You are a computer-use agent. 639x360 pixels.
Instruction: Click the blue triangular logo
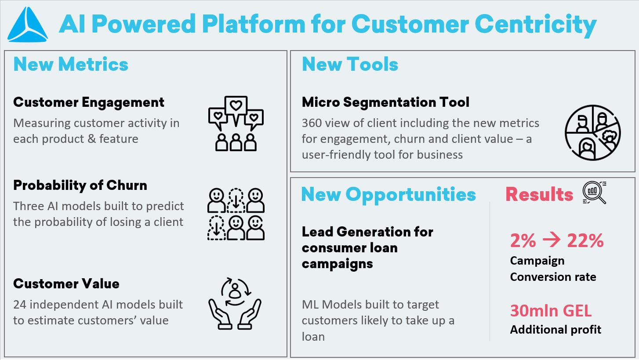[28, 25]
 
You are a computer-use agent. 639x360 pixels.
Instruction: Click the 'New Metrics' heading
[71, 65]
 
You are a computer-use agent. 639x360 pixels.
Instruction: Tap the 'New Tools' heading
[350, 65]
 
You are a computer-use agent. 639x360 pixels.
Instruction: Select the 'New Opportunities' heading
[388, 194]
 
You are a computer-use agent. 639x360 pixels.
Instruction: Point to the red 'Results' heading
[539, 194]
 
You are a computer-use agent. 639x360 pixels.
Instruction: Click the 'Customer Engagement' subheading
[89, 102]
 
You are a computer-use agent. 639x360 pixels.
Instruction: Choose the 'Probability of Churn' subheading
[80, 185]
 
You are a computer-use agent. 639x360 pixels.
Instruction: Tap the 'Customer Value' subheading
[66, 284]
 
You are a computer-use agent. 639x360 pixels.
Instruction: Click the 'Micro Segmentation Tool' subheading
[385, 102]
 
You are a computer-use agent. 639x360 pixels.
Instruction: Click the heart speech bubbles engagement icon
[236, 124]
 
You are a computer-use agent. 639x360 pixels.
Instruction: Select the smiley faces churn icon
[236, 214]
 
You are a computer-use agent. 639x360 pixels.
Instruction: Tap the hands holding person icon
[235, 303]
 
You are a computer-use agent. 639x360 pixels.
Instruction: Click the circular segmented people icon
[592, 132]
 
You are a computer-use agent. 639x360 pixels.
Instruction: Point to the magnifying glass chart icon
[594, 193]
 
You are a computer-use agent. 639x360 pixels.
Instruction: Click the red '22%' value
[585, 241]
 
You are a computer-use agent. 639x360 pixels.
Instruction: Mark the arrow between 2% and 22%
[551, 241]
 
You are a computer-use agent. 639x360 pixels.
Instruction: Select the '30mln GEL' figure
[551, 311]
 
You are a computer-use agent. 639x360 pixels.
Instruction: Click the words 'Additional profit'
[555, 330]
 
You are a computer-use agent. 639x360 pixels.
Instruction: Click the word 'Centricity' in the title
[536, 24]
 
